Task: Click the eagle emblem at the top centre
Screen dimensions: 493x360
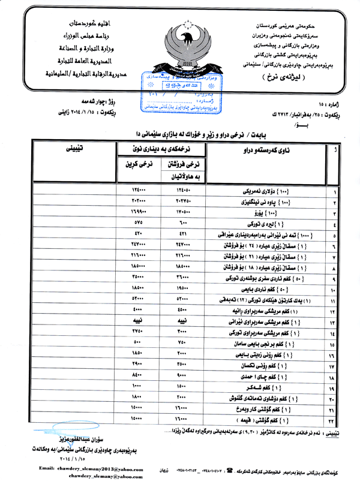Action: [x=179, y=45]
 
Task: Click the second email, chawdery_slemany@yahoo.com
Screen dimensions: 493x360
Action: [x=100, y=474]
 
